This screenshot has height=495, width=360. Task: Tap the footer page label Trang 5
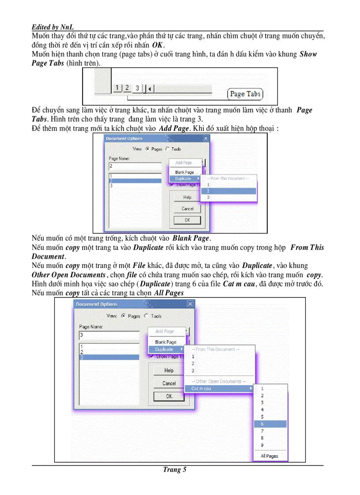tap(175, 469)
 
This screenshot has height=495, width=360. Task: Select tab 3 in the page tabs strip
tap(137, 89)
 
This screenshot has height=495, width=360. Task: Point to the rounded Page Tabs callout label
tap(245, 94)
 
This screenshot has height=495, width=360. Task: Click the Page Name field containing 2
tap(135, 166)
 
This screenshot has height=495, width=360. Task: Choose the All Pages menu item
tap(269, 456)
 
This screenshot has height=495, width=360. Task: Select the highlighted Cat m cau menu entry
tap(219, 388)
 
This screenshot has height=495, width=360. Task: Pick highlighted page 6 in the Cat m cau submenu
tap(270, 424)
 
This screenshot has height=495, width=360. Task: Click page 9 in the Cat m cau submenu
tap(262, 445)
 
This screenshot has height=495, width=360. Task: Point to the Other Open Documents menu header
tap(218, 381)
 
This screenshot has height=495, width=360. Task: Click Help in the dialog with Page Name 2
tap(187, 197)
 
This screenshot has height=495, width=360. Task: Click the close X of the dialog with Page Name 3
tap(190, 304)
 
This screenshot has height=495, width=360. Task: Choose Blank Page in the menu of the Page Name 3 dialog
tap(165, 342)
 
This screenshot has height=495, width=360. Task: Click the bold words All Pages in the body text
tap(169, 293)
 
